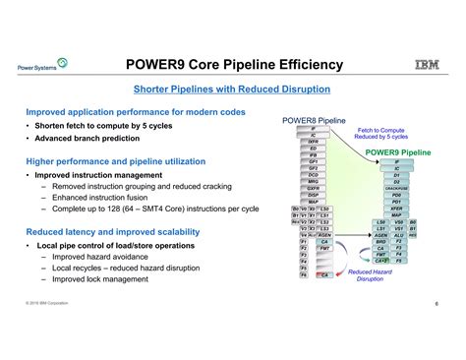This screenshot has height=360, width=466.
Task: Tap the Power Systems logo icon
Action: pos(63,64)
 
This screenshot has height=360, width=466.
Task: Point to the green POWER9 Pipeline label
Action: pos(397,153)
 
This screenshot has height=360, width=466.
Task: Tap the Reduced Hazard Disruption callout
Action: pos(370,275)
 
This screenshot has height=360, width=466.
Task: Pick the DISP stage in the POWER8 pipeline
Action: pos(313,194)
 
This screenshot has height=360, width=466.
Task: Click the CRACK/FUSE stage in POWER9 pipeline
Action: pos(396,188)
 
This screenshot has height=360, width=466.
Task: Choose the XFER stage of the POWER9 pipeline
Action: pos(396,209)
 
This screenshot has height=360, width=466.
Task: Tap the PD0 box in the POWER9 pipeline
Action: pos(396,195)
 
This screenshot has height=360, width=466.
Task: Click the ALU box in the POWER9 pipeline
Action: pos(399,236)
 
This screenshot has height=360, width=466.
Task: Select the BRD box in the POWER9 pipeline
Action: pos(381,243)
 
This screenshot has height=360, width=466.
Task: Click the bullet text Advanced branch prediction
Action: pos(88,140)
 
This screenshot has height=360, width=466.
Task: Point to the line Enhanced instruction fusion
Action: pos(103,198)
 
